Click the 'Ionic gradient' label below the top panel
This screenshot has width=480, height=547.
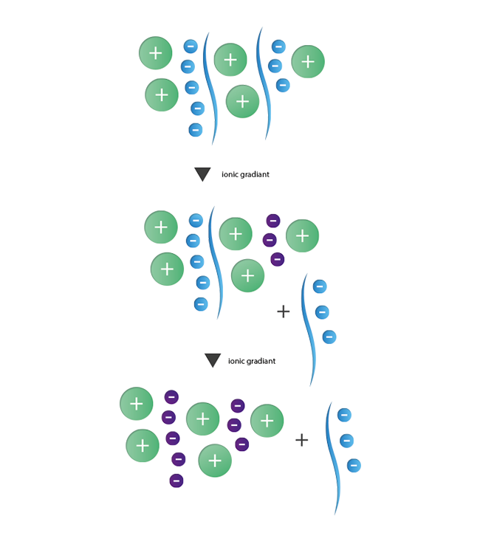243,175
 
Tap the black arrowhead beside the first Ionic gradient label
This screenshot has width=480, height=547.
202,174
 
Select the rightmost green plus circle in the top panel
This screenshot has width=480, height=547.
308,61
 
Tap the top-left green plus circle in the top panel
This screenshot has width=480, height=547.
156,53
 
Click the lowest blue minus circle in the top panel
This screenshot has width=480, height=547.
195,130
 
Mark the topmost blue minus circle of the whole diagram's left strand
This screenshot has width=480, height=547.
190,46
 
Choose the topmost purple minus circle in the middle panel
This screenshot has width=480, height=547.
272,220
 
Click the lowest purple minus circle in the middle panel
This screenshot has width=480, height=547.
277,259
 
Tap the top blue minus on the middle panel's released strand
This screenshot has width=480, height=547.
319,286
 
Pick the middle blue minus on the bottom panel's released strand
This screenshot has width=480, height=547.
346,441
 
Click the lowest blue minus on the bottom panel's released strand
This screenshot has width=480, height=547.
352,465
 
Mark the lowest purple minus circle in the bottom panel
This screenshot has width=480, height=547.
176,481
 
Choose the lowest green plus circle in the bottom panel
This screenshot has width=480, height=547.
215,461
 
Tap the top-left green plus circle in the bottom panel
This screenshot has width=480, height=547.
137,404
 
